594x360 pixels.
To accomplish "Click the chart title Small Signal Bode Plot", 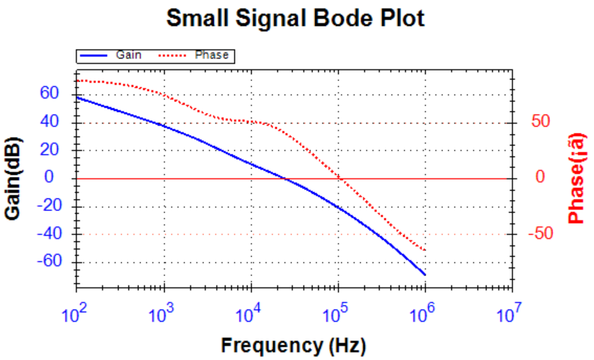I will (296, 19).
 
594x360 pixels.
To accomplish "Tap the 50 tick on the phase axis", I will (541, 122).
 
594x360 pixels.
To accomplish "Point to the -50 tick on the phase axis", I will (539, 233).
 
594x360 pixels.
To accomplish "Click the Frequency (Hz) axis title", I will (294, 345).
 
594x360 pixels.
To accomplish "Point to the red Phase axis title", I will (576, 180).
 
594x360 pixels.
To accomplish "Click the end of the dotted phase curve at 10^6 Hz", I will (425, 250).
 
